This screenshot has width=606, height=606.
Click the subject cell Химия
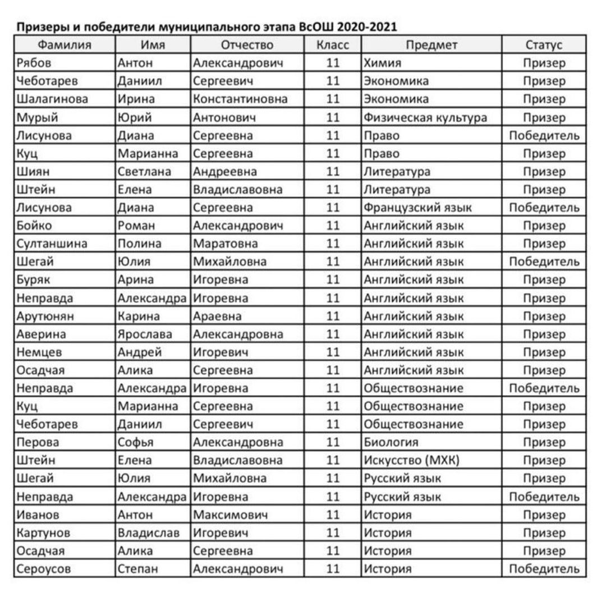click(382, 63)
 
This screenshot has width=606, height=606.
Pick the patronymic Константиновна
click(240, 99)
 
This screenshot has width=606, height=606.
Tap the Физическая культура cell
click(425, 118)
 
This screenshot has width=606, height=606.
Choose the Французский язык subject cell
click(417, 208)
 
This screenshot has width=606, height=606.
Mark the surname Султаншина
click(52, 244)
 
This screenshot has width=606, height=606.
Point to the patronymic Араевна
click(217, 316)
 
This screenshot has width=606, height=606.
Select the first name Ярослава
click(145, 334)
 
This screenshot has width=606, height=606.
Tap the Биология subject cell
click(391, 443)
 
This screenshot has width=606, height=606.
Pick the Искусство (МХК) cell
click(411, 461)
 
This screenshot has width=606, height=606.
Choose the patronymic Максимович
click(230, 515)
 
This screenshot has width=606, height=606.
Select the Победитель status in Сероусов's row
click(544, 569)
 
